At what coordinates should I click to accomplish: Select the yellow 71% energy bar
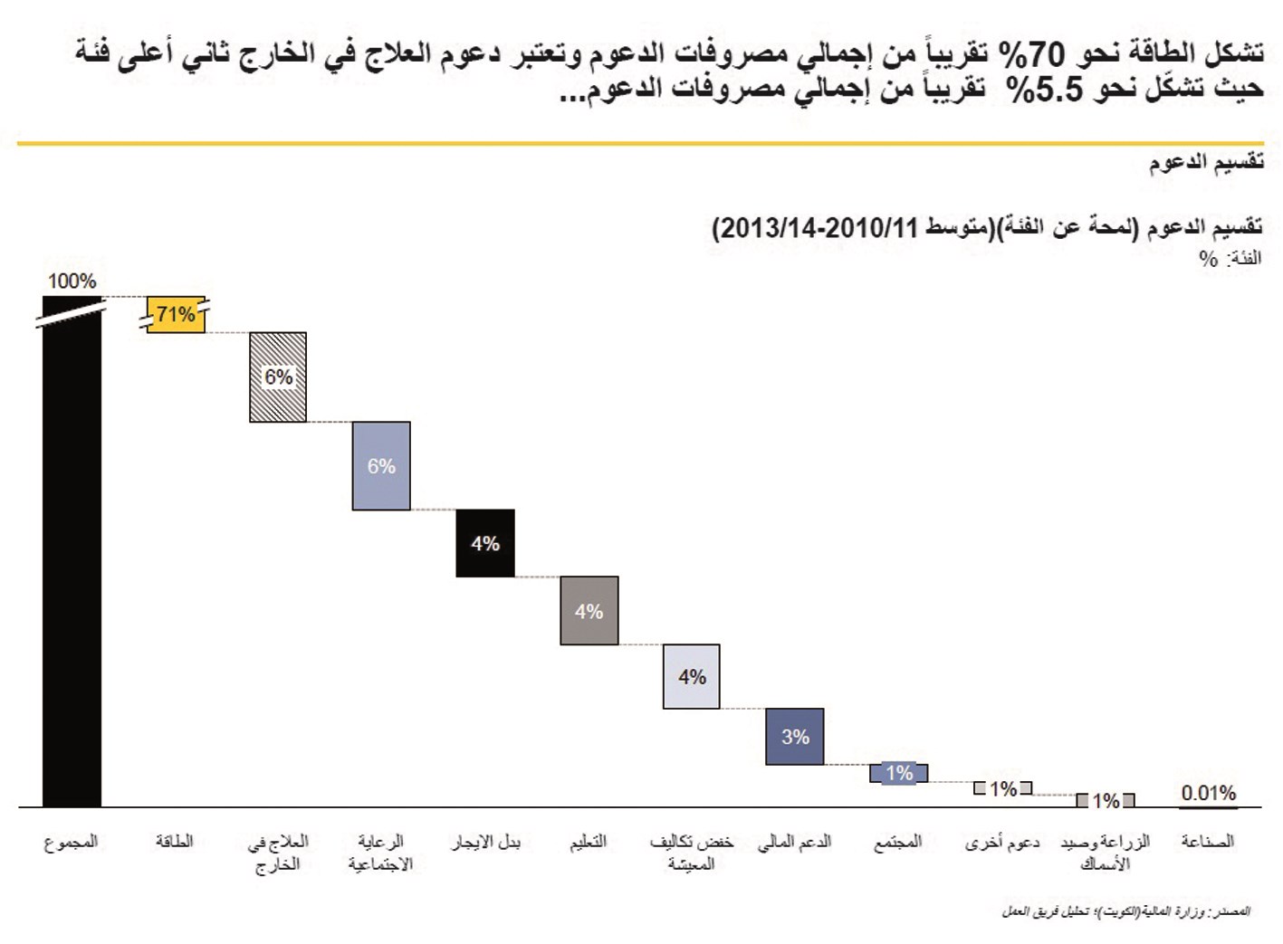tap(176, 315)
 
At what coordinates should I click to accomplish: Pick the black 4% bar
tap(485, 543)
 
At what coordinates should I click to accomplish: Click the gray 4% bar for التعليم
tap(589, 611)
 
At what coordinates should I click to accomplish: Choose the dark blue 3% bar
tap(795, 737)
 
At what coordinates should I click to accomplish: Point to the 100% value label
tap(72, 281)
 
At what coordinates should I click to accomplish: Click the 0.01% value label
tap(1208, 793)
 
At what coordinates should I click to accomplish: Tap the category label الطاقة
tap(175, 842)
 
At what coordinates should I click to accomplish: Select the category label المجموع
tap(72, 842)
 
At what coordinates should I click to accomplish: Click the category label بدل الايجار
tap(485, 842)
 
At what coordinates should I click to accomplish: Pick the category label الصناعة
tap(1208, 842)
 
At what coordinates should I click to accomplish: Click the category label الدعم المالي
tap(795, 842)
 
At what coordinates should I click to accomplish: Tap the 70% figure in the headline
tap(1033, 53)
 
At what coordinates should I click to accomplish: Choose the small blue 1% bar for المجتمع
tap(898, 773)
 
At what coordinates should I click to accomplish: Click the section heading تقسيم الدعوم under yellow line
tap(1206, 163)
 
